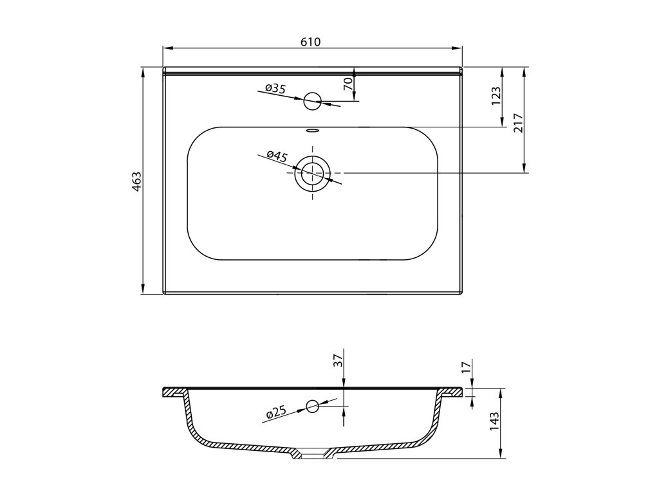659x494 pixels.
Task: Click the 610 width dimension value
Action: (310, 42)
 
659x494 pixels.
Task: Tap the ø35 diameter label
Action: (275, 89)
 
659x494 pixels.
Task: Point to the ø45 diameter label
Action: (277, 156)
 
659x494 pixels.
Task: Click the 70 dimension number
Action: (348, 84)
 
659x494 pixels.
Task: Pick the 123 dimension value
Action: (496, 97)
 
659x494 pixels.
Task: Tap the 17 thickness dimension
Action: (467, 369)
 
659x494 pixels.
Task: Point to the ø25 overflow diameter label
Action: (275, 412)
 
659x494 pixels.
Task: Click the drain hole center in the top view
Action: (313, 173)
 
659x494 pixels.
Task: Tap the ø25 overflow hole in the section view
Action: (313, 406)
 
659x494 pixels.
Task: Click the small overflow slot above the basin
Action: (313, 130)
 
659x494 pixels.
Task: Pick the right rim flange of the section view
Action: (452, 391)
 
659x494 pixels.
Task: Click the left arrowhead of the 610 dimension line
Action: (165, 48)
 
